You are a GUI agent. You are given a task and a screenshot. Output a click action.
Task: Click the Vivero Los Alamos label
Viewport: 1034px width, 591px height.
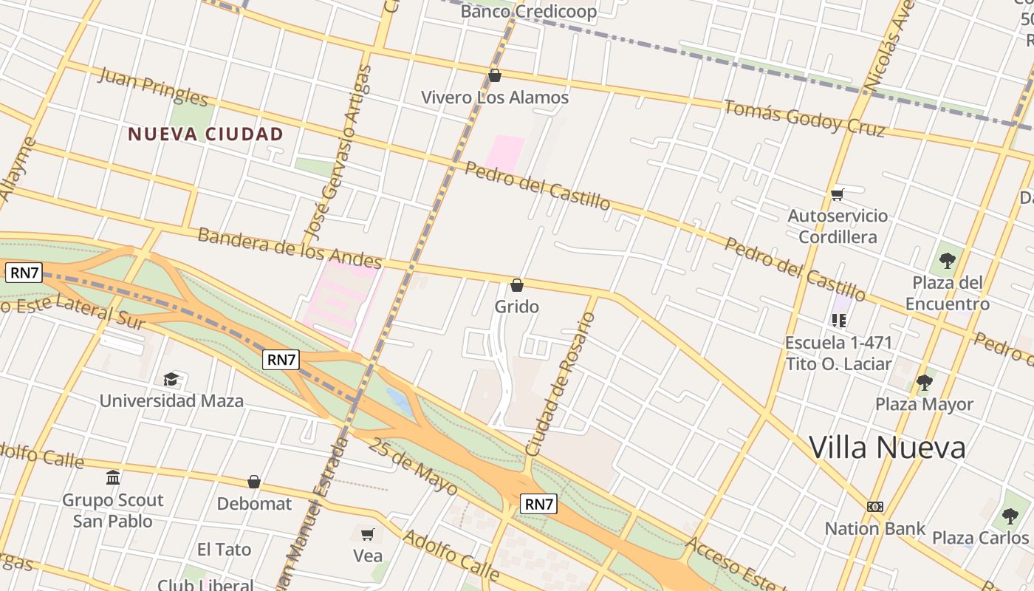tap(494, 98)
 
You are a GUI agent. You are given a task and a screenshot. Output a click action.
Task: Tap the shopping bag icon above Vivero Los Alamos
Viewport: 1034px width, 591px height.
tap(495, 75)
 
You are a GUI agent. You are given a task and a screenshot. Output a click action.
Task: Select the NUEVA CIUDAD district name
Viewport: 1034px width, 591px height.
tap(205, 134)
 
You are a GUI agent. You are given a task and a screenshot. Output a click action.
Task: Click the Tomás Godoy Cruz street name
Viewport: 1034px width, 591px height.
tap(804, 117)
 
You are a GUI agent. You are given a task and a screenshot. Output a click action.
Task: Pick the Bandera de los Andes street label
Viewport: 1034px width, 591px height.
tap(290, 248)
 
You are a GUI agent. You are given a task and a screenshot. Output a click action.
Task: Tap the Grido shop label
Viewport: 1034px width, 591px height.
tap(516, 307)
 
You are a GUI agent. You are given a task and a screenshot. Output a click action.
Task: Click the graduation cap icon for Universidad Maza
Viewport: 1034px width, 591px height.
tap(171, 379)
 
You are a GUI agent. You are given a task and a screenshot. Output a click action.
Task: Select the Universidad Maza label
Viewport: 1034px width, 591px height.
tap(171, 401)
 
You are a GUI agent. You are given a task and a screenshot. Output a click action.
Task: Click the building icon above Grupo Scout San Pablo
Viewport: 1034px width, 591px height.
tap(113, 477)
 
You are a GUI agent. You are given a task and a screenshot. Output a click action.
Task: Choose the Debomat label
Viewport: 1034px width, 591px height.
tap(254, 504)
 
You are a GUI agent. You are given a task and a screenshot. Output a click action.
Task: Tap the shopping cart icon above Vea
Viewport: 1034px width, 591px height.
tap(368, 533)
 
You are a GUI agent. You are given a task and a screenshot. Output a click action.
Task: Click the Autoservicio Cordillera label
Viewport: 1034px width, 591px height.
tap(838, 226)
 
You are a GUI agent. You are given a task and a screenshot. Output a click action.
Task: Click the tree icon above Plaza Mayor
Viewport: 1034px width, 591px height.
tap(924, 382)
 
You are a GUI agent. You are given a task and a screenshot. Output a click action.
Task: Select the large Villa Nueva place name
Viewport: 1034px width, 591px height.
tap(887, 448)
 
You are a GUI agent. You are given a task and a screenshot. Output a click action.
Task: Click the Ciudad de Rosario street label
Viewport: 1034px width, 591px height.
tap(559, 384)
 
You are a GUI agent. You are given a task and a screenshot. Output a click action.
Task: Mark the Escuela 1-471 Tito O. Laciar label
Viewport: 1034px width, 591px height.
tap(838, 353)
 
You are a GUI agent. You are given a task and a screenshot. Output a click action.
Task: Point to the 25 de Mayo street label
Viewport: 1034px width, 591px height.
tap(414, 467)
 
